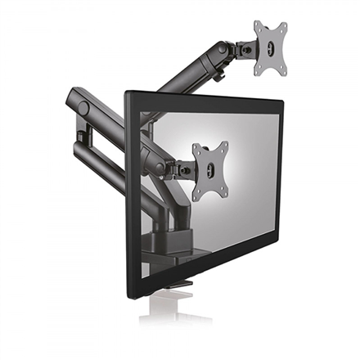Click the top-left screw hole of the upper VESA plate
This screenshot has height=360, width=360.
click(x=259, y=27)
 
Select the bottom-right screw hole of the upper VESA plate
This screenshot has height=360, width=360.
click(x=284, y=69)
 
